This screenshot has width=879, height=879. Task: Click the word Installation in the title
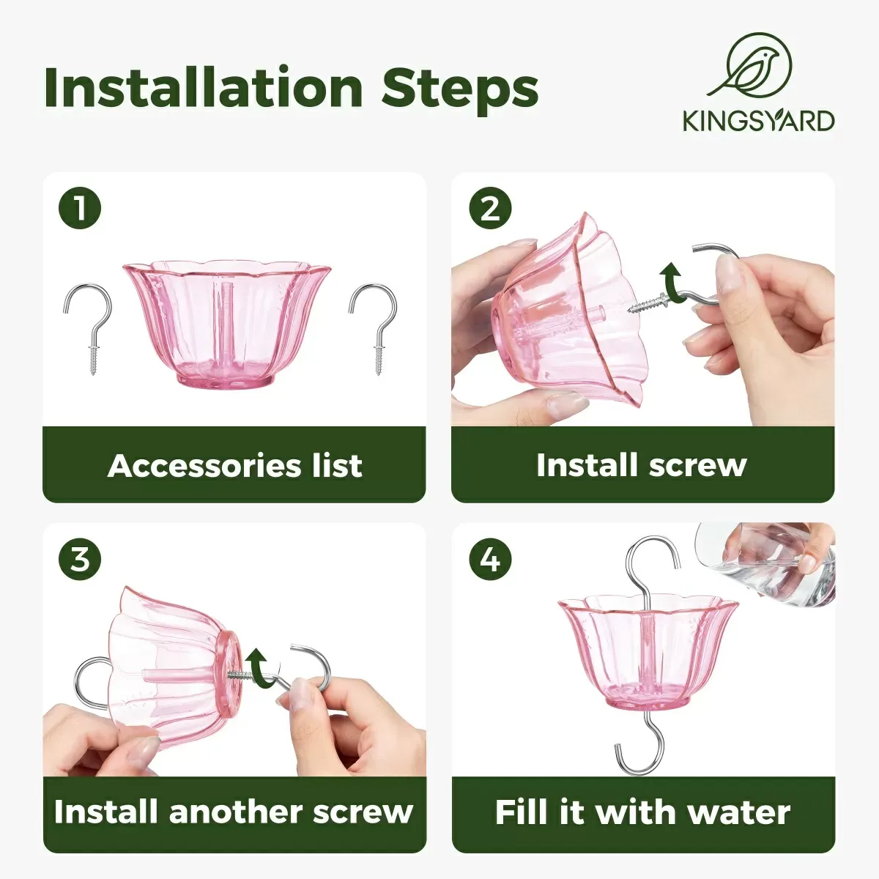pos(204,88)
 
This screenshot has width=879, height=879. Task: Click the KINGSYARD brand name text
pos(758,121)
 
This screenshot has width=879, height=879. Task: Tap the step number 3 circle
pos(79,560)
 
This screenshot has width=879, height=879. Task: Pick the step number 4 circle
pos(489,560)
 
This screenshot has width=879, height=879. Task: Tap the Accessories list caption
pos(234,466)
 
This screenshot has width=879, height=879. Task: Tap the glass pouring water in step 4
pos(769,560)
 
